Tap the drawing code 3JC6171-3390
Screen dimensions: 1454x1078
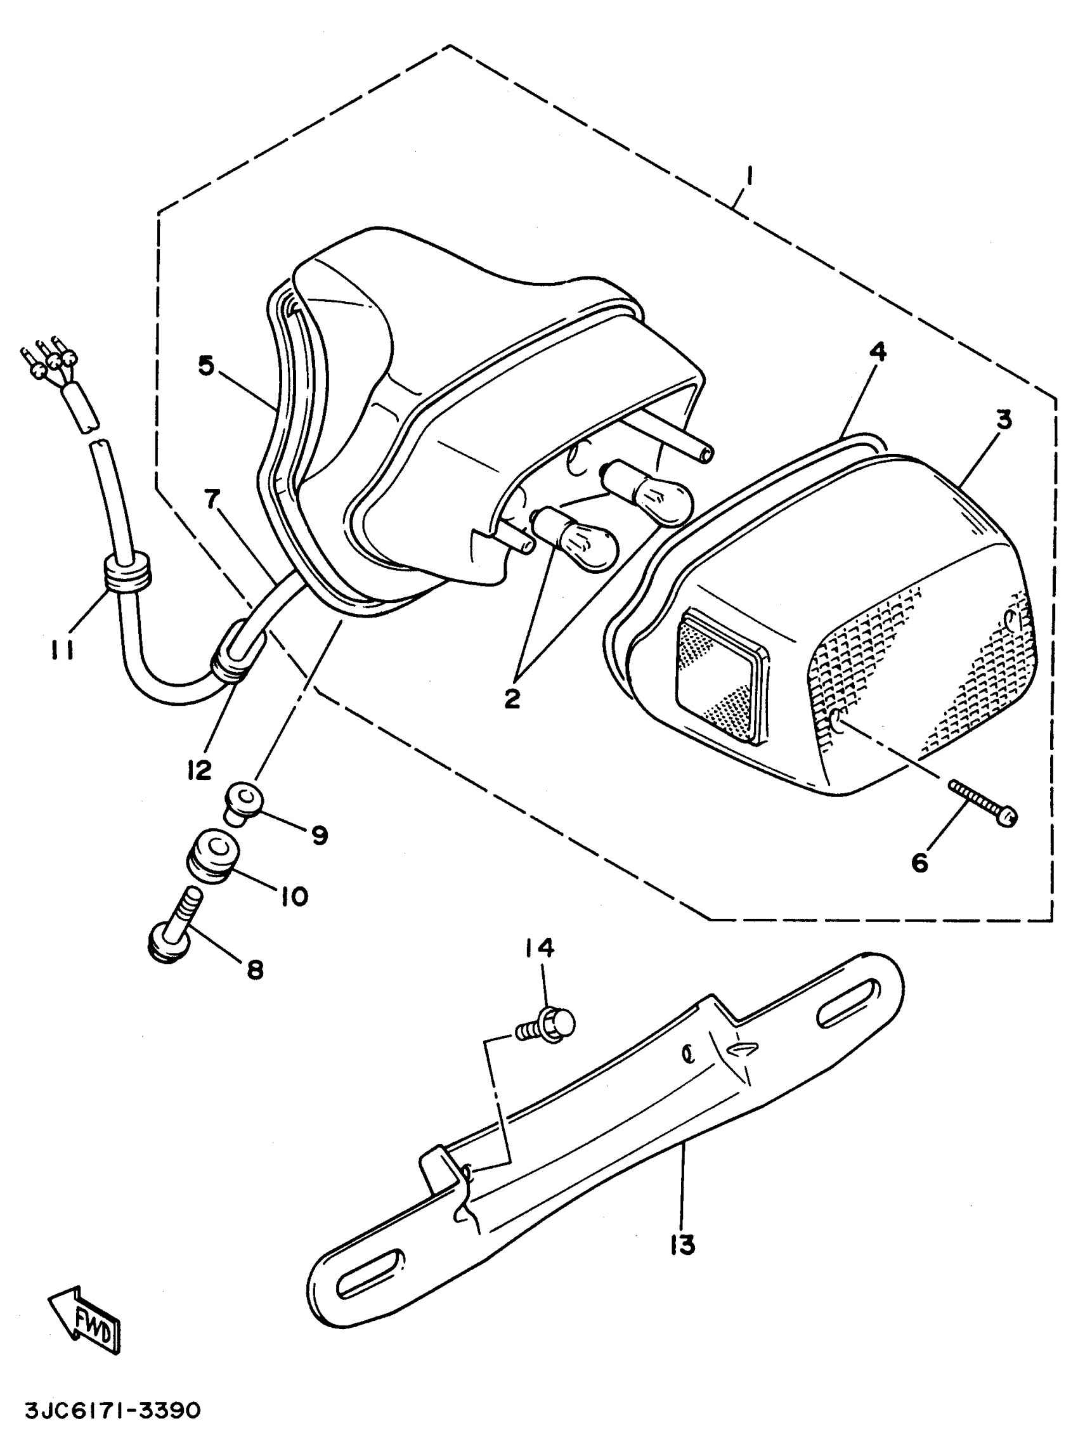tap(113, 1412)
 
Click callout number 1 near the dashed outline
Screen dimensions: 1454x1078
tap(750, 176)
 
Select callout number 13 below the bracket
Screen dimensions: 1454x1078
tap(683, 1246)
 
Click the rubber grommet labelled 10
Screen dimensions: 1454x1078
tap(212, 855)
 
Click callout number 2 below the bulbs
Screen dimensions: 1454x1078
tap(512, 699)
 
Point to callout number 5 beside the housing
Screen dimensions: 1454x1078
tap(206, 365)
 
